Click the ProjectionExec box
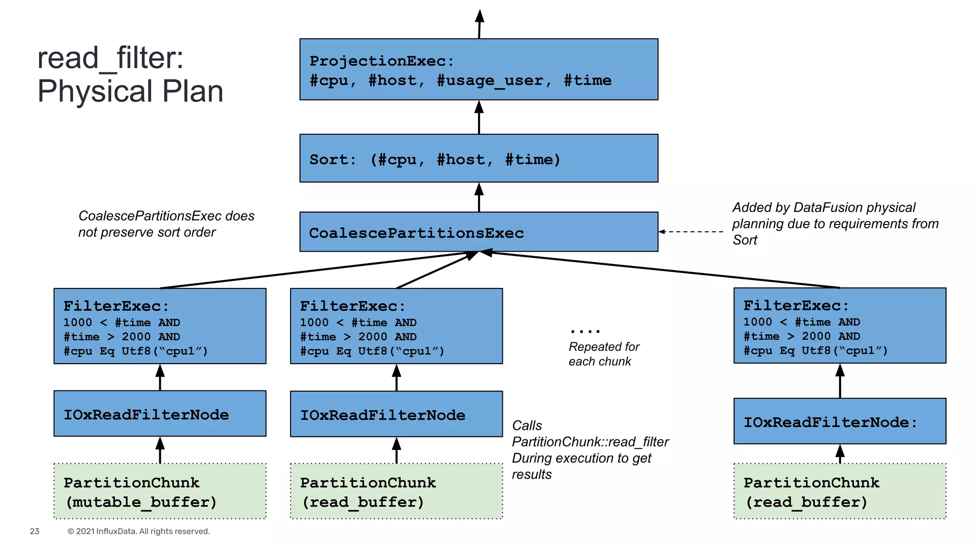click(x=478, y=69)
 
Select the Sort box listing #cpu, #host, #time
click(x=478, y=158)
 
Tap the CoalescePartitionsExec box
click(x=478, y=232)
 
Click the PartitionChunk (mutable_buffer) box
click(x=160, y=491)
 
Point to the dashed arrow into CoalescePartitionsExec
click(x=692, y=232)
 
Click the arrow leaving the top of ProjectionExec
click(x=479, y=24)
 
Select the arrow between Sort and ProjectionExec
click(x=479, y=117)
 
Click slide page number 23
click(x=34, y=531)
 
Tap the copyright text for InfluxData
click(x=138, y=531)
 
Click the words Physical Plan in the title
click(x=130, y=91)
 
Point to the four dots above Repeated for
click(x=585, y=330)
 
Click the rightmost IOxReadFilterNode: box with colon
click(x=840, y=421)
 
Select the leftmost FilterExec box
click(x=160, y=326)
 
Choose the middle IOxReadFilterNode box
click(x=396, y=414)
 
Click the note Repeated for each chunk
click(x=603, y=354)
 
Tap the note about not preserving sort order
click(x=166, y=224)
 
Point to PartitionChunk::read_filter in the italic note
click(x=590, y=442)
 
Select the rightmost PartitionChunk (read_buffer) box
click(x=840, y=491)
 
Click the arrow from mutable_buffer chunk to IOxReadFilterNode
click(x=160, y=450)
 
